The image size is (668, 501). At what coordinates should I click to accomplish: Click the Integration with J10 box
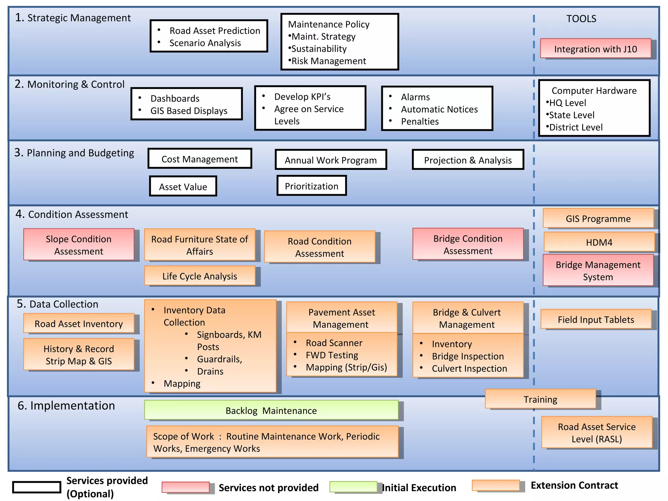pyautogui.click(x=596, y=49)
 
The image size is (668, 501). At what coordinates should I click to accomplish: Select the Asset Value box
pyautogui.click(x=183, y=186)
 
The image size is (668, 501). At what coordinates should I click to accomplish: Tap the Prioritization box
pyautogui.click(x=311, y=186)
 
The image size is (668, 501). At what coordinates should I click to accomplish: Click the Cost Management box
pyautogui.click(x=200, y=159)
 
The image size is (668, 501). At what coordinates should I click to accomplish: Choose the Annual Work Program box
pyautogui.click(x=331, y=159)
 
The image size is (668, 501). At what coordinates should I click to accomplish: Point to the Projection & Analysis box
pyautogui.click(x=468, y=159)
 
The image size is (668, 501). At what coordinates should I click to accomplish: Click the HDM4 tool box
pyautogui.click(x=599, y=242)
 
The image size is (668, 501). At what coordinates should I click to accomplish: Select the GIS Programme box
pyautogui.click(x=598, y=218)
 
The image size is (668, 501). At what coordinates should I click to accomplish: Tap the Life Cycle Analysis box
pyautogui.click(x=200, y=276)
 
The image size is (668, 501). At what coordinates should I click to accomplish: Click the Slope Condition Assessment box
pyautogui.click(x=79, y=244)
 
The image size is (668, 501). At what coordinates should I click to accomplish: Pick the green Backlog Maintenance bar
pyautogui.click(x=271, y=410)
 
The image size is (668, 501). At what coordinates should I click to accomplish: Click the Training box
pyautogui.click(x=540, y=399)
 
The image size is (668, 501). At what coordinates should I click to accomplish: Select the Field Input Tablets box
pyautogui.click(x=596, y=319)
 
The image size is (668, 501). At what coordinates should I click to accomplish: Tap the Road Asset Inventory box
pyautogui.click(x=79, y=323)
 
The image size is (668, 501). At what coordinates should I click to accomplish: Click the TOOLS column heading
pyautogui.click(x=581, y=19)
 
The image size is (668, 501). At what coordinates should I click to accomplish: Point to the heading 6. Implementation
pyautogui.click(x=66, y=405)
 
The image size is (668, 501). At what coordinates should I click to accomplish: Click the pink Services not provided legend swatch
pyautogui.click(x=186, y=487)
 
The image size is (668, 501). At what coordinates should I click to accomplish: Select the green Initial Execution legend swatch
pyautogui.click(x=353, y=486)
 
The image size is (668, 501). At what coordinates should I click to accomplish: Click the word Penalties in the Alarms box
pyautogui.click(x=420, y=121)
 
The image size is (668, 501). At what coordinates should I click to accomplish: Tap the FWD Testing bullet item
pyautogui.click(x=332, y=355)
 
